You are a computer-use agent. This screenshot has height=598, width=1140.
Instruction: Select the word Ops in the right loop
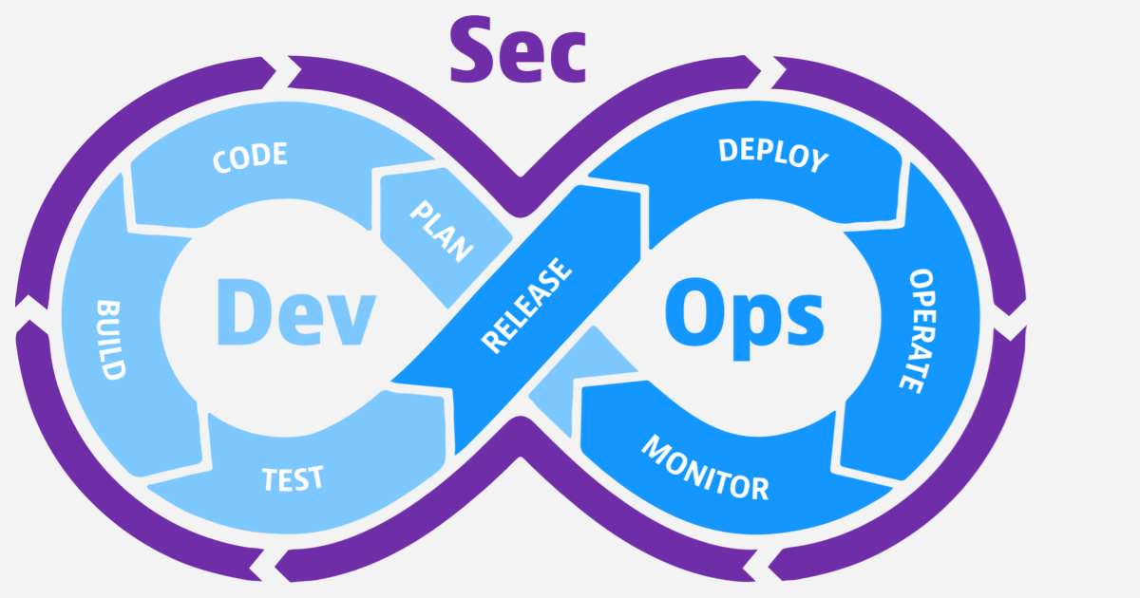[x=744, y=311]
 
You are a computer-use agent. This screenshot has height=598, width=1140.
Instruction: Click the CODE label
[x=250, y=158]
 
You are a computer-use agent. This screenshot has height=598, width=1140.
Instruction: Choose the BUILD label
[x=111, y=340]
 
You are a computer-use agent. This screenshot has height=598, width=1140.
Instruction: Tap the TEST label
[x=293, y=477]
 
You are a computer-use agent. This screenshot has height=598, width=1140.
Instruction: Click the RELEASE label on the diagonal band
[x=527, y=306]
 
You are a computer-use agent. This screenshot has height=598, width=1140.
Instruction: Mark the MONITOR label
[x=704, y=468]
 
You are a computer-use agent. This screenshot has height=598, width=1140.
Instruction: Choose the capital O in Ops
[x=693, y=311]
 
